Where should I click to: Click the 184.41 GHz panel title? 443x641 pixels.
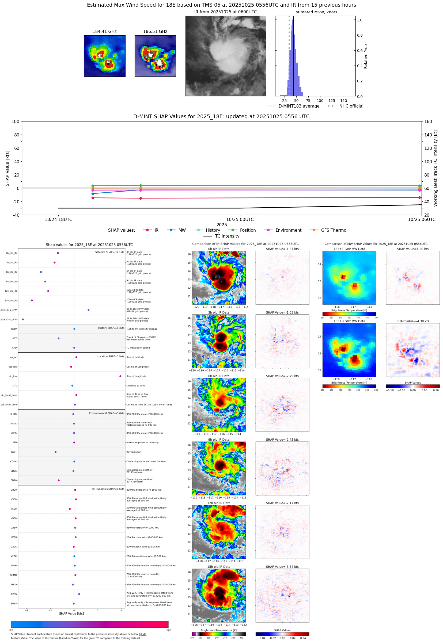[104, 31]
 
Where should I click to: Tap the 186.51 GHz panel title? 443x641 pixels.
[155, 31]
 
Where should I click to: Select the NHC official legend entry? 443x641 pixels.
[351, 106]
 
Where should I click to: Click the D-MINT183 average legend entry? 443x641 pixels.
[299, 106]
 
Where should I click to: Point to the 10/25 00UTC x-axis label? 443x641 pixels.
[240, 219]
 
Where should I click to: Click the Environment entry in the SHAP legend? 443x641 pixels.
[288, 230]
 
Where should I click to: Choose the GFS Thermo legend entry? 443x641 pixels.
[333, 230]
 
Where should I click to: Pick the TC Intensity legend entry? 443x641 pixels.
[227, 236]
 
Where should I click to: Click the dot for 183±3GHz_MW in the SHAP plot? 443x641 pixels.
[23, 319]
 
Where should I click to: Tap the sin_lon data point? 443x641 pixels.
[120, 376]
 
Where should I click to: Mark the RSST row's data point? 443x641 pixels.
[55, 452]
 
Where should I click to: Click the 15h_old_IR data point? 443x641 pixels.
[32, 300]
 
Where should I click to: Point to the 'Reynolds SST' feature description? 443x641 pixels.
[134, 452]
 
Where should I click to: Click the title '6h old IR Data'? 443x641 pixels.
[219, 376]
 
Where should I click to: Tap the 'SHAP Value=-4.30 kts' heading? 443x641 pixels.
[412, 321]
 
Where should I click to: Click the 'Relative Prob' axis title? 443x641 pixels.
[366, 56]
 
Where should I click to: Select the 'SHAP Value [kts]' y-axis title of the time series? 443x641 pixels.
[7, 168]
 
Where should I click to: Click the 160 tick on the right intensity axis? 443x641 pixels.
[428, 121]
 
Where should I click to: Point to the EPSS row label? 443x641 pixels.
[14, 594]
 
